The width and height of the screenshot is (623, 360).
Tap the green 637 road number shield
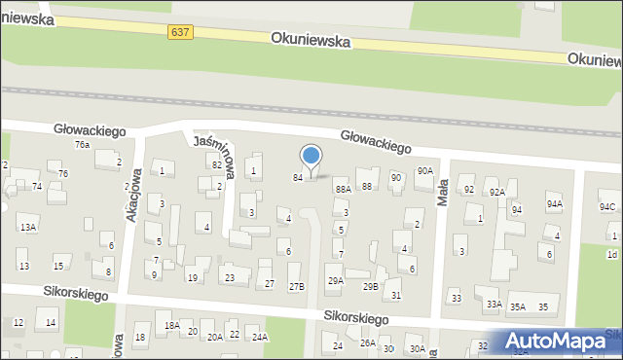180,32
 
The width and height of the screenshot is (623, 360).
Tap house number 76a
83,145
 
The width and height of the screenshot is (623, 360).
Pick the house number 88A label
343,189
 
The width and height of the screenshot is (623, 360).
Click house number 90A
424,170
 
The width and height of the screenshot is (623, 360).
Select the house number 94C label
607,206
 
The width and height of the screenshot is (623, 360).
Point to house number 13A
28,227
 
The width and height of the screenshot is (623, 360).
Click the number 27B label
297,286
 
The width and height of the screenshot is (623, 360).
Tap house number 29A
335,281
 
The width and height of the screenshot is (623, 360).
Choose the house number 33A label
494,305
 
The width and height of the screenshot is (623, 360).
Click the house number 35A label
518,306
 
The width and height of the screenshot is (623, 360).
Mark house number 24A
259,337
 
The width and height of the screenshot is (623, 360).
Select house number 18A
172,325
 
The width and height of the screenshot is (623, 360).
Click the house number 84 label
298,177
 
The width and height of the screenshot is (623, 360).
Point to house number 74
37,186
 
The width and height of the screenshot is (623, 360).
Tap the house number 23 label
230,278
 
